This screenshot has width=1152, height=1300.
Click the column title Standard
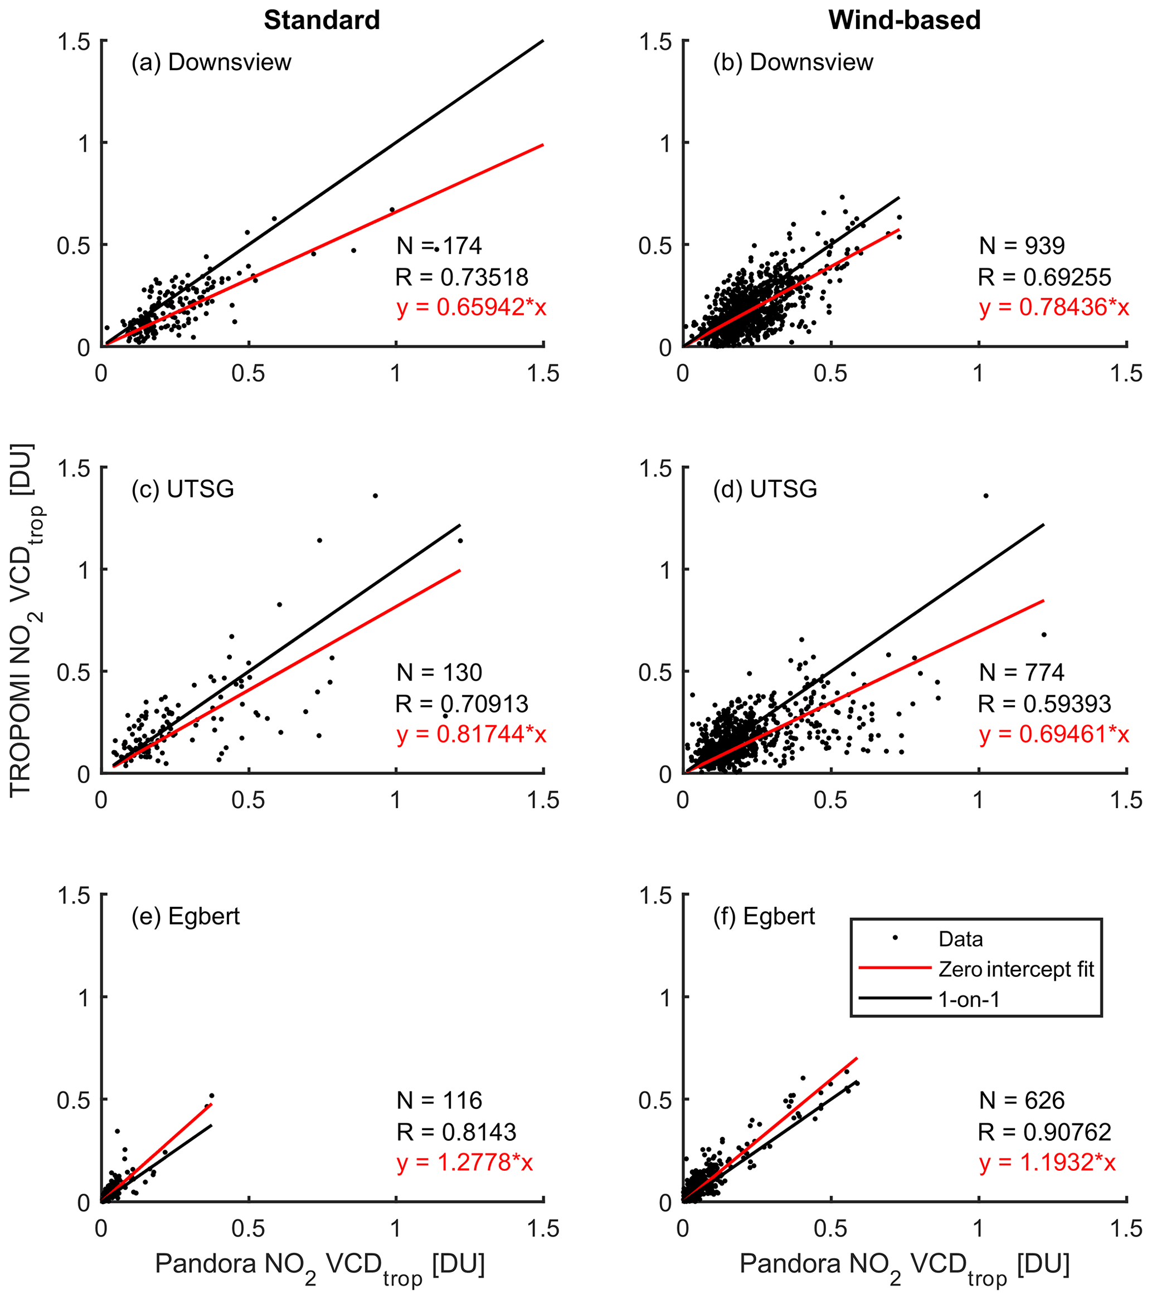coord(322,21)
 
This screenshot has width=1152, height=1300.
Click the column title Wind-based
coord(904,21)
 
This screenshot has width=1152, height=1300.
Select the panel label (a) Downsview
coord(211,62)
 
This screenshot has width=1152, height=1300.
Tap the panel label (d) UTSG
coord(765,489)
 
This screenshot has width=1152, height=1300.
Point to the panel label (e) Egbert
coord(186,916)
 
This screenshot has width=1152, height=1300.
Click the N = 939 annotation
coord(1022,246)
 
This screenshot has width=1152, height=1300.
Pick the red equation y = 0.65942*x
coord(471,308)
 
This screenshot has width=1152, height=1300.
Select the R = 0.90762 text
coord(1044,1132)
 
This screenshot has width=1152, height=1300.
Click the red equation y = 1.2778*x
coord(465,1163)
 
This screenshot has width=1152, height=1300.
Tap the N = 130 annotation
coord(439,672)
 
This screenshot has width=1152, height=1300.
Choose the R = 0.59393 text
coord(1044,704)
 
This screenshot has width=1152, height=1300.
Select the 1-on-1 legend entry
coord(969,1000)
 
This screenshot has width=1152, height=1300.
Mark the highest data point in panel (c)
coord(376,496)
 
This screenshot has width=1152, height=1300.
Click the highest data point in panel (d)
coord(986,496)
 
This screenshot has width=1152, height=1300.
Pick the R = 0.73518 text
coord(461,277)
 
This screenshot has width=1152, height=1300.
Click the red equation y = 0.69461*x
coord(1054,735)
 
